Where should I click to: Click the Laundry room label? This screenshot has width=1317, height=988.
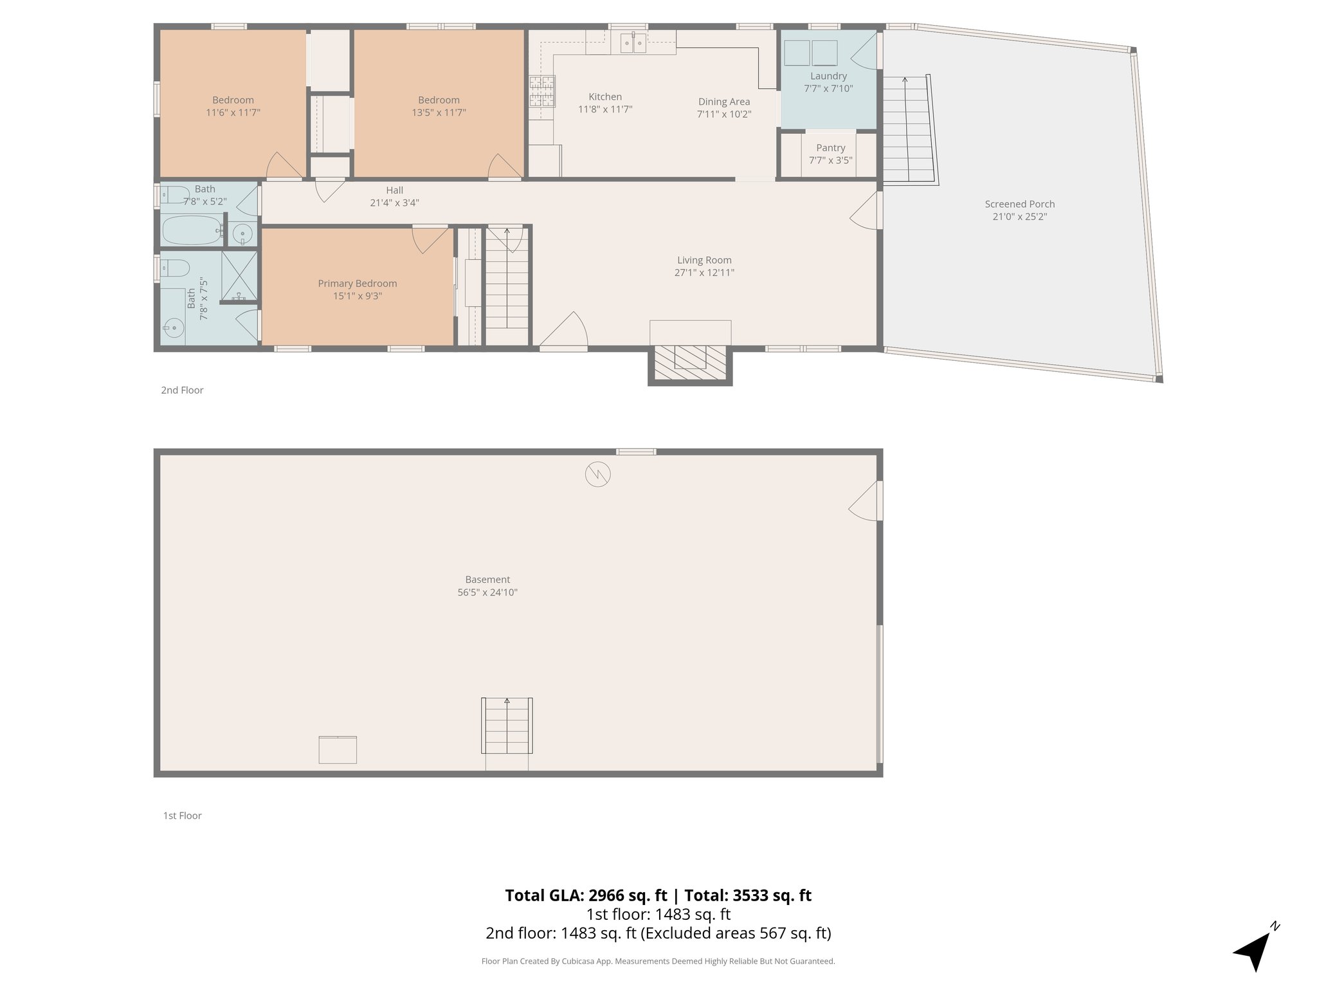pos(828,76)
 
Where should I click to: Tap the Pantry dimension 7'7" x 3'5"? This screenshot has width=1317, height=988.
pos(830,160)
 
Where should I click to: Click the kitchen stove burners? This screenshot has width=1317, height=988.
pos(542,91)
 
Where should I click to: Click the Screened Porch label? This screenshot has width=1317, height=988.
pos(1019,204)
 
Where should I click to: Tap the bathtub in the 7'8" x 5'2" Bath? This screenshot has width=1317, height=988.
pos(191,230)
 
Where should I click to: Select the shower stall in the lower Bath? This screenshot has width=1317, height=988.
pos(239,277)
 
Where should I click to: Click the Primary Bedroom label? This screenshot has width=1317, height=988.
pos(357,283)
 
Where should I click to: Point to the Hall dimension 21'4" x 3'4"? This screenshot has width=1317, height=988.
pos(394,203)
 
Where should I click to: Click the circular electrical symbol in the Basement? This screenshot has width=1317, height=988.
pos(597,475)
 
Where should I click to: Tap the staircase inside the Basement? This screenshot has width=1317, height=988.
pos(507,726)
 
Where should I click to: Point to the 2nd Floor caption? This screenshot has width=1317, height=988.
pos(182,390)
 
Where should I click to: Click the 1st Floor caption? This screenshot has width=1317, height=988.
pos(182,816)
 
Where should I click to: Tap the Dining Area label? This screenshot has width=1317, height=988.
pos(724,102)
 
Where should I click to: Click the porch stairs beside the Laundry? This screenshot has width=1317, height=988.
pos(908,129)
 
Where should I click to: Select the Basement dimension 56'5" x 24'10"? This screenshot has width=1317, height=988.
pos(487,592)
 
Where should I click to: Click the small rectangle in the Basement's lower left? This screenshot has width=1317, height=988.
pos(338,750)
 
